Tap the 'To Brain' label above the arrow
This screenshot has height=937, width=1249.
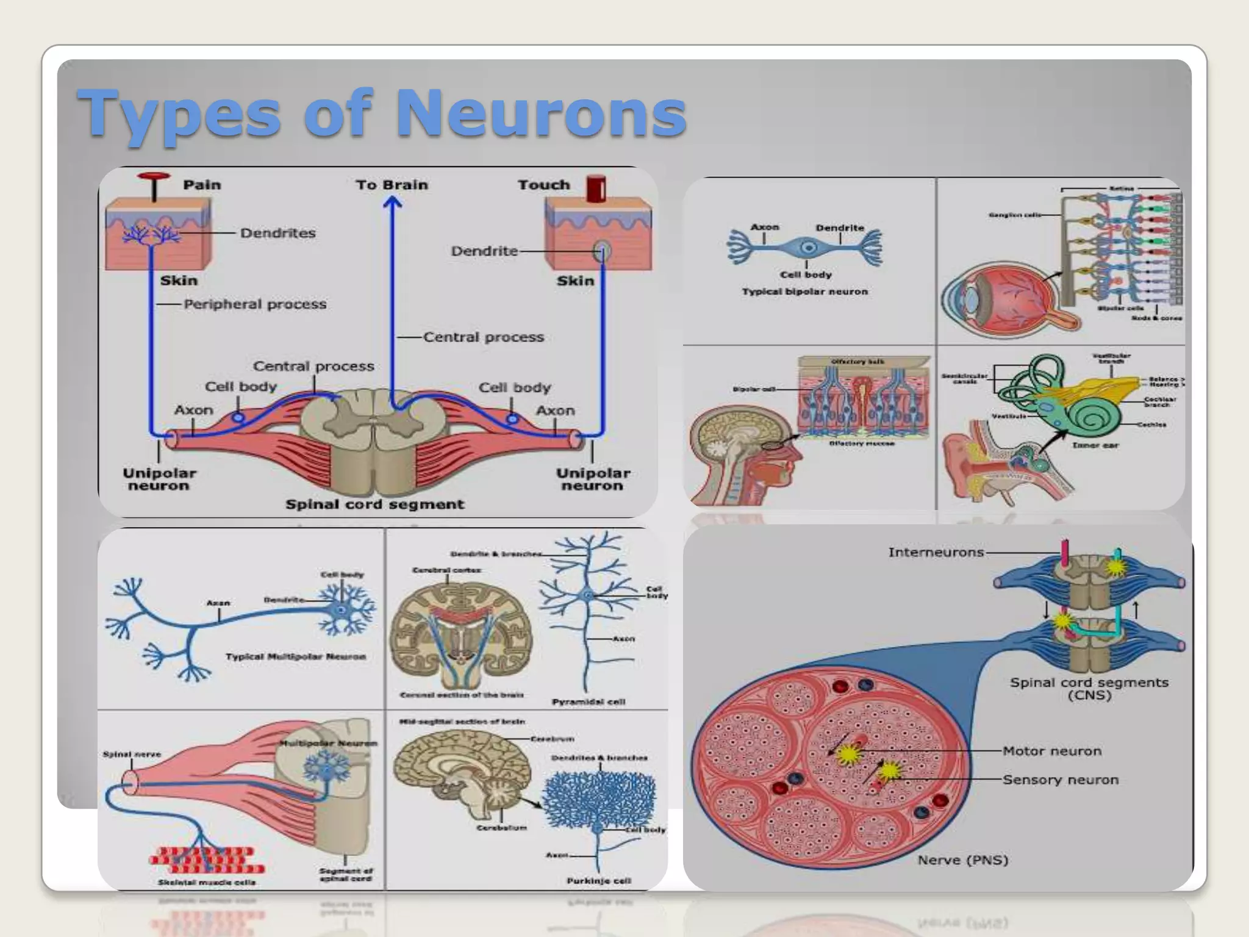click(x=392, y=185)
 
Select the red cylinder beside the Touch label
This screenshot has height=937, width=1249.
click(x=595, y=188)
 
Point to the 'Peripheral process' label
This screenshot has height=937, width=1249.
click(x=255, y=304)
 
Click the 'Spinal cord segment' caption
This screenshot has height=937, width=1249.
click(x=374, y=504)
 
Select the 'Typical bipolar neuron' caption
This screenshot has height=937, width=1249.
click(x=804, y=292)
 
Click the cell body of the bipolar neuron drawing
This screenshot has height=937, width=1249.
click(x=809, y=248)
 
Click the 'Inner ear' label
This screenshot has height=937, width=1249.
click(x=1095, y=445)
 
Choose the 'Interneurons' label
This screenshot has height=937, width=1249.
click(x=936, y=553)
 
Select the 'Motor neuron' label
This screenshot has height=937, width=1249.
click(x=1052, y=751)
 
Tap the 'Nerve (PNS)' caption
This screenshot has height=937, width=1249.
click(x=962, y=860)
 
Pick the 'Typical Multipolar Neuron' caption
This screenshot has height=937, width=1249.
click(x=296, y=657)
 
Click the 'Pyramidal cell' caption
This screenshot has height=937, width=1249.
click(x=588, y=702)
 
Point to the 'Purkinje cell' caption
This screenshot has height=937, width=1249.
click(x=598, y=880)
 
